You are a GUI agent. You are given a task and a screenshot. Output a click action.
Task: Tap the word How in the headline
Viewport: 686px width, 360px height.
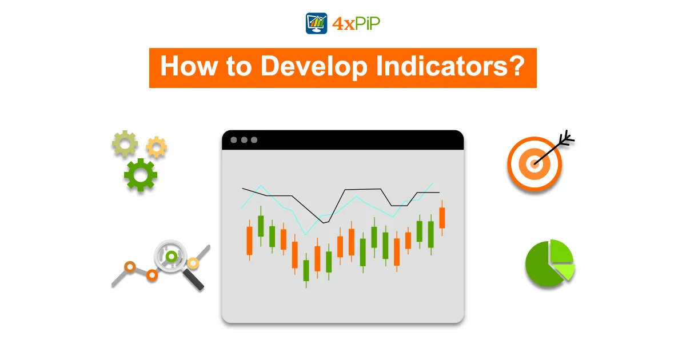(189, 66)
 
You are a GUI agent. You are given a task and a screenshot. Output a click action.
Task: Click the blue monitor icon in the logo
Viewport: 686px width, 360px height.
(316, 23)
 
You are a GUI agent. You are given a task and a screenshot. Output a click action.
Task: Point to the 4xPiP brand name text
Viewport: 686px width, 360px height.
(356, 23)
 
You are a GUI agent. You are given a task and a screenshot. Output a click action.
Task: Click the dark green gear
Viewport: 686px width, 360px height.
(141, 175)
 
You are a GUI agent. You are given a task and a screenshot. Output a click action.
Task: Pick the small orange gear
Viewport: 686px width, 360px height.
(157, 147)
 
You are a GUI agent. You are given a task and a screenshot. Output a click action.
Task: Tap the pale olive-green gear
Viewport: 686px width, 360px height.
(125, 143)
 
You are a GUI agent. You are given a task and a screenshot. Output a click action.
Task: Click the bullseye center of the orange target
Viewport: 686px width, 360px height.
(534, 164)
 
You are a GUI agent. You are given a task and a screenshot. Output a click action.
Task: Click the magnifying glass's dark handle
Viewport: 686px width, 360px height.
(193, 279)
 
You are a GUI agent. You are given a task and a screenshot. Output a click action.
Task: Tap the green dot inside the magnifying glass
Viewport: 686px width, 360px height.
(171, 256)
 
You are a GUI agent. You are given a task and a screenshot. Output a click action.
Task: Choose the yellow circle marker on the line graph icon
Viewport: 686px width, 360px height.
(193, 263)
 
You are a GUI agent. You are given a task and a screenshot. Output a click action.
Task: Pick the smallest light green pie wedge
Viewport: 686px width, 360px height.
(565, 271)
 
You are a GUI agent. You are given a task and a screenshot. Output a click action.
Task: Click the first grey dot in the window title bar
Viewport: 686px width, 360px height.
(234, 140)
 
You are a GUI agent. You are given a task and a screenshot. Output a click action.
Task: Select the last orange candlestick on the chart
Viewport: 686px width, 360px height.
(442, 218)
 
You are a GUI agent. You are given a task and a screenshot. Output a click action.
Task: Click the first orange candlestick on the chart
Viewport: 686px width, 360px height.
(250, 241)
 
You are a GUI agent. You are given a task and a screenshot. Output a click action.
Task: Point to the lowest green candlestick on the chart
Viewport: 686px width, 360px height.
(306, 271)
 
